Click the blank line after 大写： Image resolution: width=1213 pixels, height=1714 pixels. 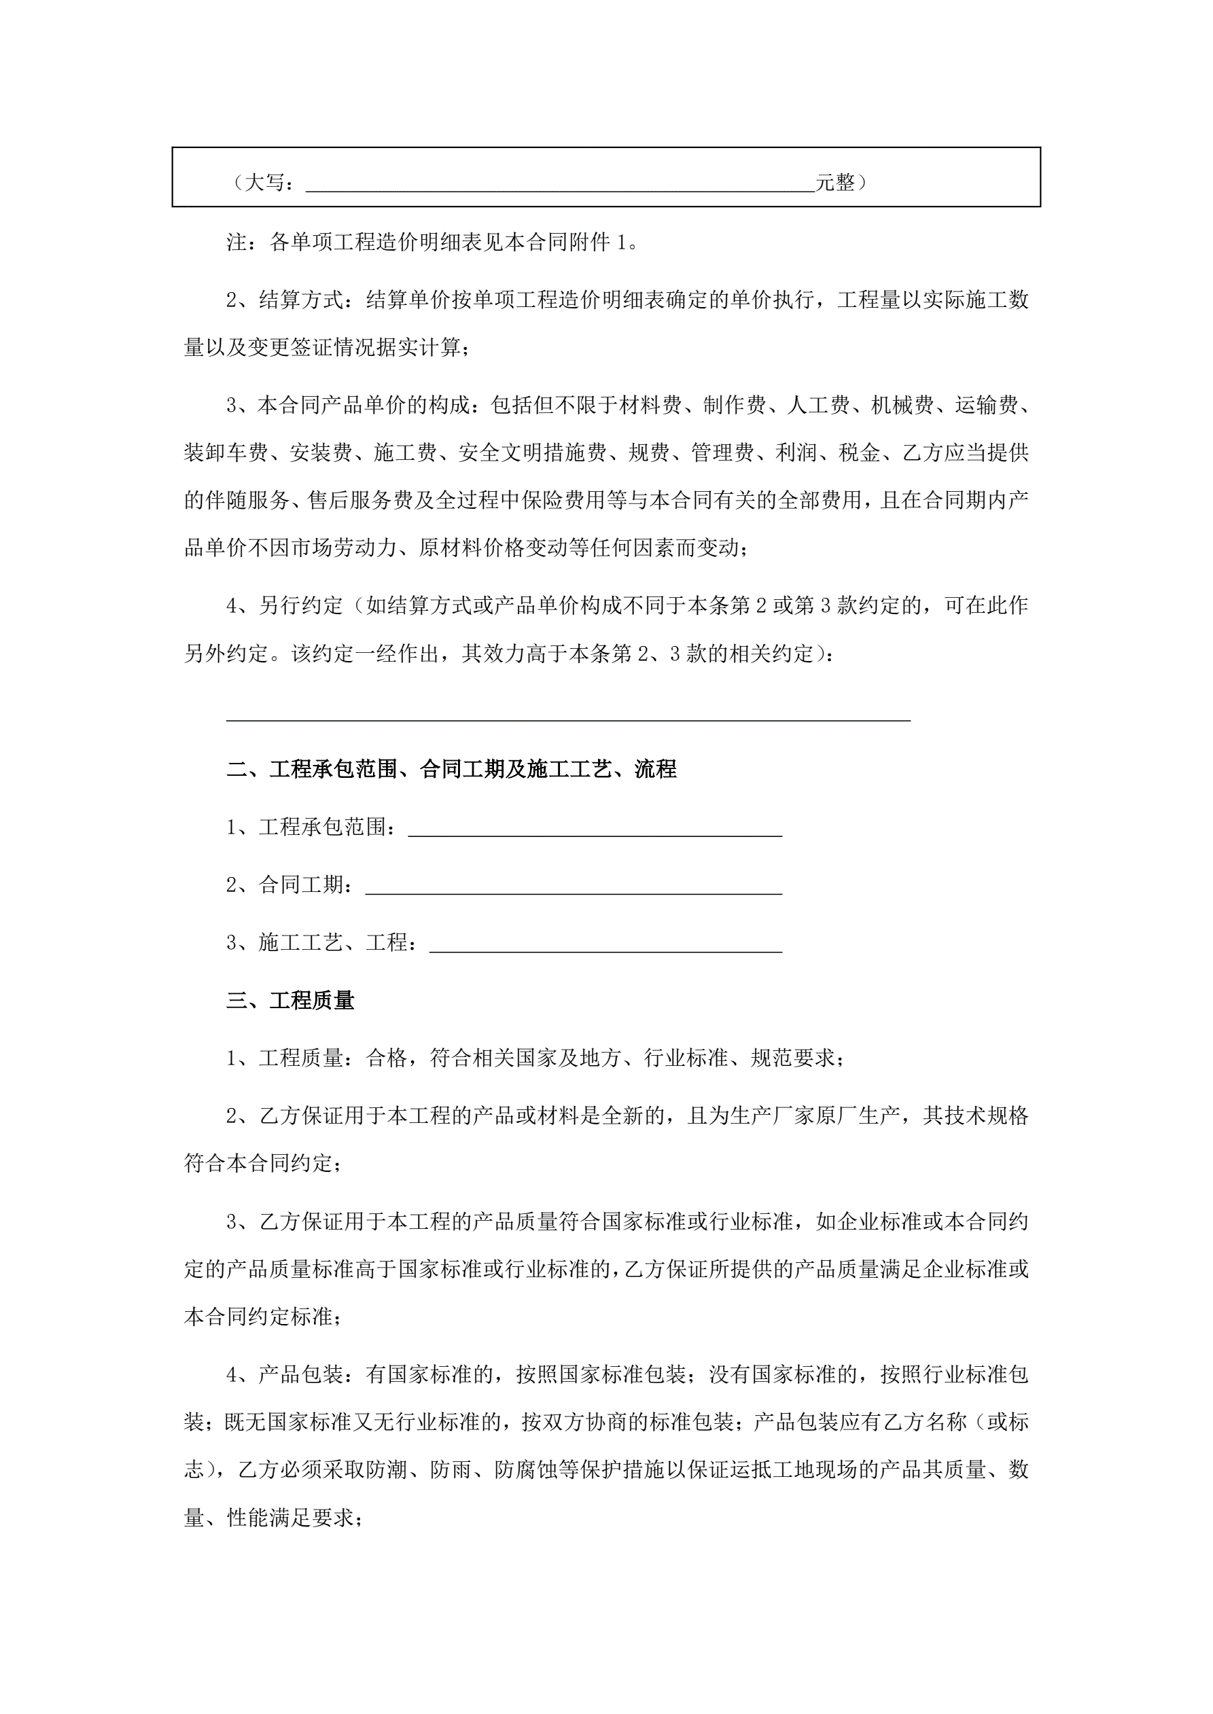coord(560,185)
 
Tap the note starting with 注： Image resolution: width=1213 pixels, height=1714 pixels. coord(434,242)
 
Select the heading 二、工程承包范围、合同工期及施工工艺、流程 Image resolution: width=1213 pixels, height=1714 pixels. coord(452,769)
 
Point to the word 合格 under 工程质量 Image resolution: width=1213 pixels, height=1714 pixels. coord(386,1058)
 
